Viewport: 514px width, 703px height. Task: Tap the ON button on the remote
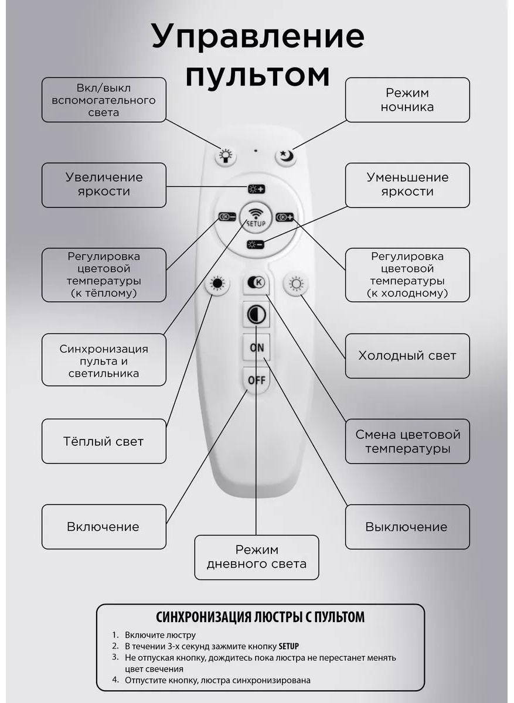pos(257,347)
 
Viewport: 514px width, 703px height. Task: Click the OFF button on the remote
pos(257,380)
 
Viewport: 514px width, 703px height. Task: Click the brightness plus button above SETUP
pos(257,189)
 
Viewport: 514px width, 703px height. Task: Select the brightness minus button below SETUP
pos(256,244)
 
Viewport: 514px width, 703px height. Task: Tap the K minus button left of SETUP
pos(227,217)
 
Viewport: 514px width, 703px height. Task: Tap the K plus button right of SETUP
pos(284,217)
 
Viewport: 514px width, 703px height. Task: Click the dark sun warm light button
pos(217,284)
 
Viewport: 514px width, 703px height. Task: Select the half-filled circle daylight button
pos(257,315)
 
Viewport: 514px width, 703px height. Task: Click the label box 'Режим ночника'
pos(407,100)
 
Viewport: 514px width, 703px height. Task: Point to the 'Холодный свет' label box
pos(407,356)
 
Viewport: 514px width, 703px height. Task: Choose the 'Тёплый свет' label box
pos(104,441)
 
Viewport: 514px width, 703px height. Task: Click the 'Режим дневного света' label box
pos(257,557)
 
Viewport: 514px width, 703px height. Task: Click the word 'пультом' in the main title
pos(257,76)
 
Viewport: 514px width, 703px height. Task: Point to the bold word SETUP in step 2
pos(288,646)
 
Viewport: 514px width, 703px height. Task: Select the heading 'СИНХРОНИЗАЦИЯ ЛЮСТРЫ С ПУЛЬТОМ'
pos(260,617)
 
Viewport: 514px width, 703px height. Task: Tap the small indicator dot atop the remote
pos(256,151)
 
